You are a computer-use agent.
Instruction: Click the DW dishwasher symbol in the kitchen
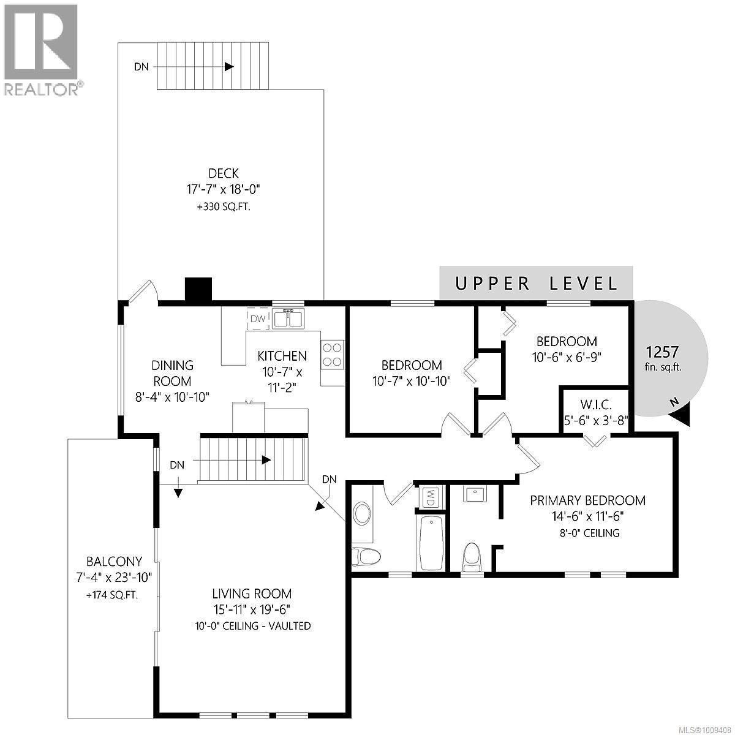click(258, 318)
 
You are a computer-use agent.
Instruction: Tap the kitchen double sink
click(288, 318)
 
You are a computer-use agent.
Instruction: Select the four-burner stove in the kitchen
click(333, 355)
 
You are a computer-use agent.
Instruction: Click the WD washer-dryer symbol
click(431, 497)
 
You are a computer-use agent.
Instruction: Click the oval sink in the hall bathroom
click(363, 513)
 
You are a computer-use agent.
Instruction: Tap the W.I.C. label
click(595, 404)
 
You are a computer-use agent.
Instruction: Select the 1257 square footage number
click(663, 352)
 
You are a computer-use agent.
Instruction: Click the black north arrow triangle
click(681, 417)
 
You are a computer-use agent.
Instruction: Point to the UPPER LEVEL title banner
click(536, 283)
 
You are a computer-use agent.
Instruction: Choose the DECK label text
click(223, 174)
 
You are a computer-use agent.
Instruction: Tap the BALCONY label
click(114, 561)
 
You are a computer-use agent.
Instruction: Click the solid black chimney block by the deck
click(198, 289)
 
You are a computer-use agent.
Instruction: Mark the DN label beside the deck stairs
click(141, 67)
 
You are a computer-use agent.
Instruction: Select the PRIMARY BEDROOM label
click(587, 500)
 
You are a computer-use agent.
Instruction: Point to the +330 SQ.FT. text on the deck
click(223, 207)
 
